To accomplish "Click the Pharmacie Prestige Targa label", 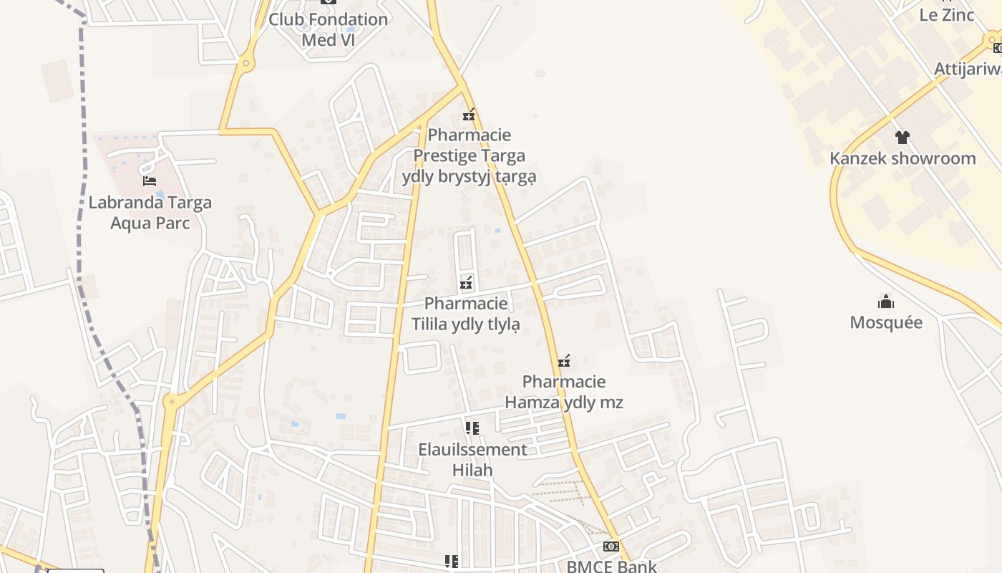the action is (x=468, y=155).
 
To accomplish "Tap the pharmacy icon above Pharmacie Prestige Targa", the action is (x=469, y=114).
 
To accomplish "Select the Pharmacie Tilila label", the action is (x=466, y=314).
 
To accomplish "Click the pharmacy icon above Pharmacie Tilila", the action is (x=466, y=283).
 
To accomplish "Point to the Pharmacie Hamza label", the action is (x=564, y=392).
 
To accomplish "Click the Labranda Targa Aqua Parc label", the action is (x=150, y=212).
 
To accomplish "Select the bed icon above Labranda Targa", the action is (x=150, y=180).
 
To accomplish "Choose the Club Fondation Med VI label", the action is (x=328, y=29).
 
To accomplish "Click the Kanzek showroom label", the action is (x=903, y=158).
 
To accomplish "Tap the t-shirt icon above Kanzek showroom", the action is (x=902, y=137).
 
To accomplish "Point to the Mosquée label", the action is (x=886, y=322).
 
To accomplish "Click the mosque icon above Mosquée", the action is (x=886, y=301).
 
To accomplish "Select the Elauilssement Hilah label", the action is (x=472, y=460).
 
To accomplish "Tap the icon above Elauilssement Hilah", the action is (x=472, y=428).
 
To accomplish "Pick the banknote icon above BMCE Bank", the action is (x=611, y=546).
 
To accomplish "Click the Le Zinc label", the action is (x=947, y=15).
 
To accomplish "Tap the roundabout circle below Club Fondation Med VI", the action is (x=246, y=63).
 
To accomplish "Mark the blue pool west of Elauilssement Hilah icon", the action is (x=341, y=416).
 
